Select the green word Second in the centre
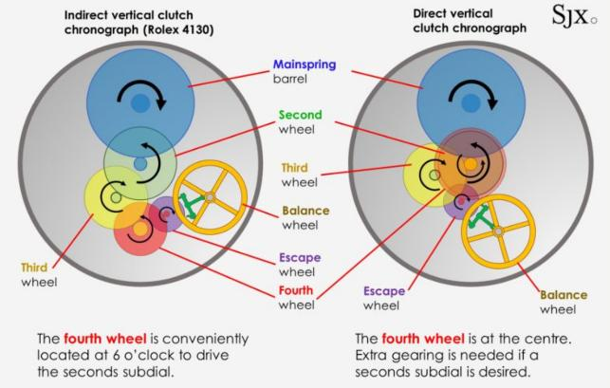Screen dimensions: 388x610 point(302,116)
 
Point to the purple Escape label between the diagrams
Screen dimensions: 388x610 point(300,257)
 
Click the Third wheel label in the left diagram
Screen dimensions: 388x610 point(40,268)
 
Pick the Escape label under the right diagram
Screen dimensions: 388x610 point(383,290)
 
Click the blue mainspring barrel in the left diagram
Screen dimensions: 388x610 point(140,85)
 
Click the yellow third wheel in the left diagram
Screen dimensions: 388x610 point(107,194)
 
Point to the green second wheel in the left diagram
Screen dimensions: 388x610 point(140,157)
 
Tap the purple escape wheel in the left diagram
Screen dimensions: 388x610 point(168,215)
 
